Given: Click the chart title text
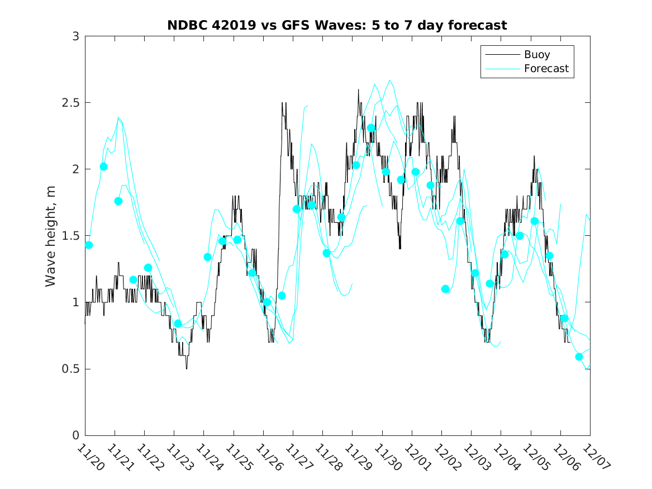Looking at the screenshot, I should tap(337, 25).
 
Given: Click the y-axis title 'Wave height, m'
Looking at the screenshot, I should tap(51, 236).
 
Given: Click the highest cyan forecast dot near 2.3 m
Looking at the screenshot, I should tap(371, 128).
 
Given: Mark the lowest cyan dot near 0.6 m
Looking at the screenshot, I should tap(579, 357).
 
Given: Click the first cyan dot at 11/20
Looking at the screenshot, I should tap(89, 245).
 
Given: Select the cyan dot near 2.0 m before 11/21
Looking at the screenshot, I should tap(103, 167).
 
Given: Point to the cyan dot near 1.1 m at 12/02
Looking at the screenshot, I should tap(445, 289).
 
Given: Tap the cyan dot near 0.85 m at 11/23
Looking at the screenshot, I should tap(178, 324).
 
